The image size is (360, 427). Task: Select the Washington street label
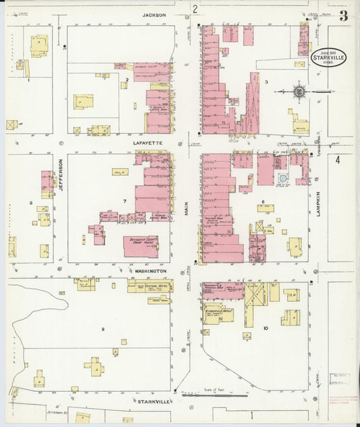149,270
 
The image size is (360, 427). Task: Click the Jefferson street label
60,174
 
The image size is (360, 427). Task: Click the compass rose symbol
299,90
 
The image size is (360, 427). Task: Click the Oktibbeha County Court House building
140,247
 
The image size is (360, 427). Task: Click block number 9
103,329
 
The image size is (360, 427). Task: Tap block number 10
265,328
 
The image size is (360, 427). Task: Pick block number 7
124,201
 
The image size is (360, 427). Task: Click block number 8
30,202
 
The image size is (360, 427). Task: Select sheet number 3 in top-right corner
343,16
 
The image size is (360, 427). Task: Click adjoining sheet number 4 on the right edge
338,160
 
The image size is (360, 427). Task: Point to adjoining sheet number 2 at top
195,9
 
